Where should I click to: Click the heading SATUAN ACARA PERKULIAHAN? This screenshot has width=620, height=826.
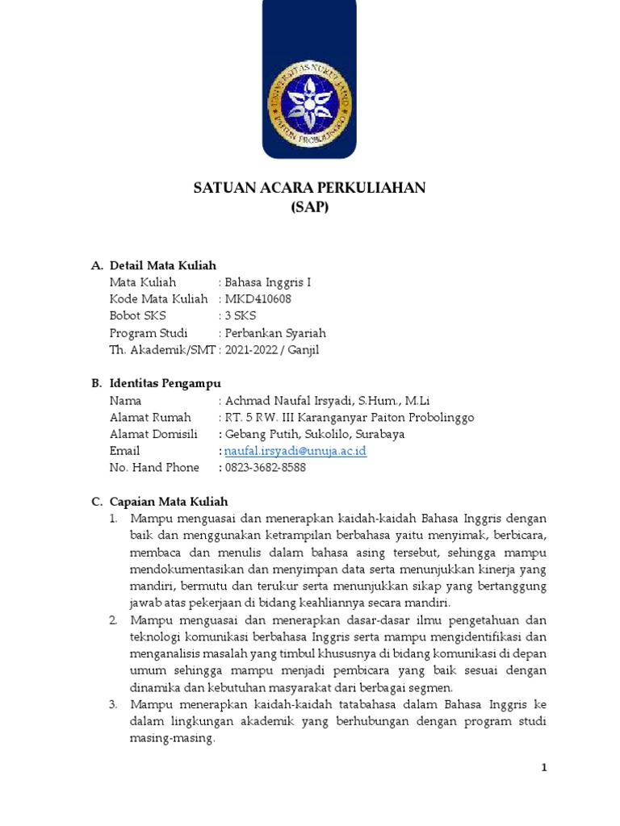(309, 188)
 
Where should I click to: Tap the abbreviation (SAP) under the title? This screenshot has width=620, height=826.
(309, 207)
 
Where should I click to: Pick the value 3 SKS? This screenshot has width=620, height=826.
(239, 316)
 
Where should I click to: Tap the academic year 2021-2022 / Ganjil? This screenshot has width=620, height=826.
(272, 350)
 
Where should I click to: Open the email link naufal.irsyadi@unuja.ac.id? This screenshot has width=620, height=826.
(295, 451)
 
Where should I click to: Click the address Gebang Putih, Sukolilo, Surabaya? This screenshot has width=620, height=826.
(314, 434)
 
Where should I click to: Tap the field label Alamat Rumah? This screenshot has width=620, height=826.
(150, 417)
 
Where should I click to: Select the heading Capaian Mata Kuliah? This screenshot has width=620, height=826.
(169, 501)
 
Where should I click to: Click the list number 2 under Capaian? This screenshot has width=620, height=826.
(114, 619)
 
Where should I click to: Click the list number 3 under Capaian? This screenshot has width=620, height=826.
(114, 704)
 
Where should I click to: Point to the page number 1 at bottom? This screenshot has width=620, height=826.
(544, 768)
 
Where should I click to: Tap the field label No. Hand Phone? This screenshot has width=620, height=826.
(153, 468)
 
